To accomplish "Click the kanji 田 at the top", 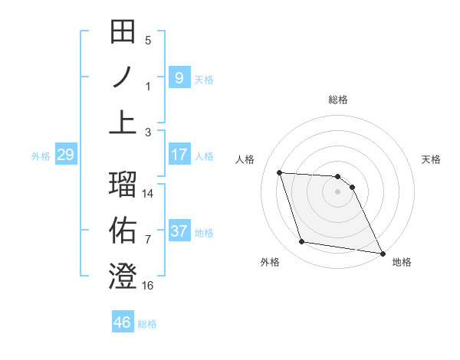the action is click(123, 33).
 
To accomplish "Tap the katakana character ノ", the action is click(123, 77).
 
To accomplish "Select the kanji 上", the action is click(123, 122).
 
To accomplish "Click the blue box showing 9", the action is click(179, 77).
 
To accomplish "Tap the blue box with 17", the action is click(179, 155).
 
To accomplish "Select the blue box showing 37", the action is click(179, 231).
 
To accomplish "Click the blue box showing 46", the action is click(123, 322).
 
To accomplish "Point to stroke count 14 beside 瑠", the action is click(148, 194).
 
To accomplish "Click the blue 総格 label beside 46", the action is click(147, 324).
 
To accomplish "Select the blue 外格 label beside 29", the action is click(41, 156).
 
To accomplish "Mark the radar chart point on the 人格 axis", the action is click(280, 173).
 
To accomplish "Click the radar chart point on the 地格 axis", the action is click(382, 252).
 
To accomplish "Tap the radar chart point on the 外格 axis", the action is click(302, 242).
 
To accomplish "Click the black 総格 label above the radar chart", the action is click(338, 100).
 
